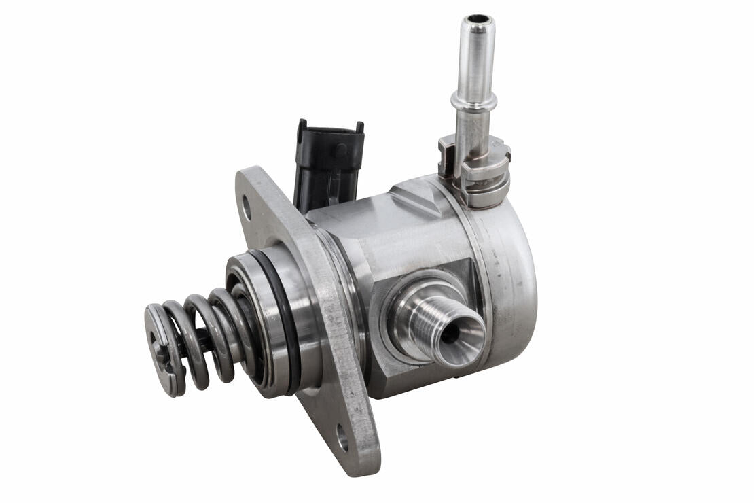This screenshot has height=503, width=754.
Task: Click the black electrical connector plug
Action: pyautogui.click(x=329, y=163)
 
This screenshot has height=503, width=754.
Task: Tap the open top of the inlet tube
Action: pyautogui.click(x=478, y=18)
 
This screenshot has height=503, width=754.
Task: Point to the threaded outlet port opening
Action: pyautogui.click(x=450, y=333)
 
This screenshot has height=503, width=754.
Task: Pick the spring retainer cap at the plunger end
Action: pyautogui.click(x=160, y=349)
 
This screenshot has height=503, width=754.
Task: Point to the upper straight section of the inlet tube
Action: pyautogui.click(x=475, y=58)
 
